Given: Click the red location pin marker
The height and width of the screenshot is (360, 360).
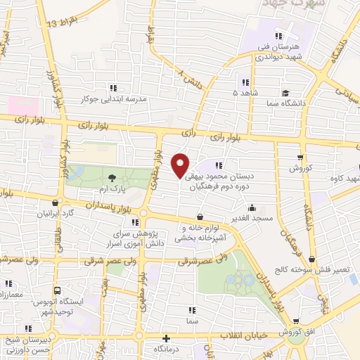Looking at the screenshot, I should click(x=181, y=165).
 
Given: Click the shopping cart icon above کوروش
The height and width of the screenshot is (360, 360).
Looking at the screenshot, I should click(x=301, y=157).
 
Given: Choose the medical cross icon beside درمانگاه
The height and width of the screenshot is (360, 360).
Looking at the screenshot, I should click(x=166, y=337).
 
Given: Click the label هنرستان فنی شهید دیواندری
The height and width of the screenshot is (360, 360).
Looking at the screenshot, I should click(x=279, y=51).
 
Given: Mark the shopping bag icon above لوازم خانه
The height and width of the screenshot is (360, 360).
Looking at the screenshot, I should click(x=201, y=217).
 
